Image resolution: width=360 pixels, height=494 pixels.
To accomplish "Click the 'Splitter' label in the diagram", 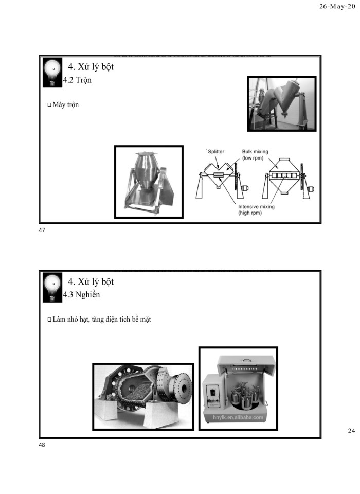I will [215, 152].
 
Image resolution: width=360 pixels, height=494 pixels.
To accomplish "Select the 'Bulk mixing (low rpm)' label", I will [255, 155].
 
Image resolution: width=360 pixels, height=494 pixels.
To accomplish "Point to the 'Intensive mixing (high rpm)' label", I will [256, 210].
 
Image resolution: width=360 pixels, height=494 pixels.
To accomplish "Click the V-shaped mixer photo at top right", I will [281, 103].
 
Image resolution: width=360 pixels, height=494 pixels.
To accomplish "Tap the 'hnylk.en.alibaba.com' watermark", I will [238, 417].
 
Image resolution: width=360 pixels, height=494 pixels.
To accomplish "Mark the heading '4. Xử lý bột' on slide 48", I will [91, 281].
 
